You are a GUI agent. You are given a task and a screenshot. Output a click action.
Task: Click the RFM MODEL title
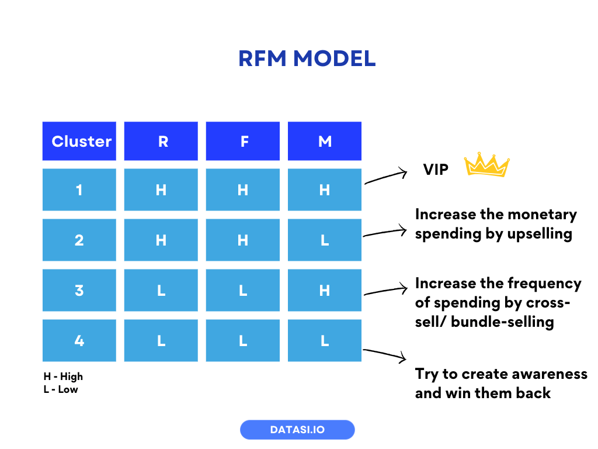pyautogui.click(x=307, y=58)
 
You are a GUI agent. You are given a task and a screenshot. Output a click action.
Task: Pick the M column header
pyautogui.click(x=325, y=141)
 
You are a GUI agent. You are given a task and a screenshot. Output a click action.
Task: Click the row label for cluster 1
pyautogui.click(x=79, y=189)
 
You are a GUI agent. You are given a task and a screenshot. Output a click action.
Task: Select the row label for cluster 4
pyautogui.click(x=79, y=340)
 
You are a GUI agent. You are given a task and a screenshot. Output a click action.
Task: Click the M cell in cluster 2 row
pyautogui.click(x=325, y=240)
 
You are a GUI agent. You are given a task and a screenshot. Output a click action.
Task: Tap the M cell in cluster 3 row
pyautogui.click(x=325, y=290)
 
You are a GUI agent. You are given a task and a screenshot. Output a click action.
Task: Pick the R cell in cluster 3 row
pyautogui.click(x=161, y=290)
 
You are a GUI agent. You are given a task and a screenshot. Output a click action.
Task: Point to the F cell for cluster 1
pyautogui.click(x=243, y=189)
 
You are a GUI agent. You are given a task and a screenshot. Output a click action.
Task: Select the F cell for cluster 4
pyautogui.click(x=243, y=340)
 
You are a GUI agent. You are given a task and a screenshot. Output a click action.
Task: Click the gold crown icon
pyautogui.click(x=486, y=165)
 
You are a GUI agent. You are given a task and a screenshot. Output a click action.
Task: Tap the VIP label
pyautogui.click(x=436, y=170)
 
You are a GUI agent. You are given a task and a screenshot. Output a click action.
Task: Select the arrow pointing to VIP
pyautogui.click(x=385, y=177)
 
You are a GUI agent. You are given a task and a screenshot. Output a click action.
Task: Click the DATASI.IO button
pyautogui.click(x=297, y=430)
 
